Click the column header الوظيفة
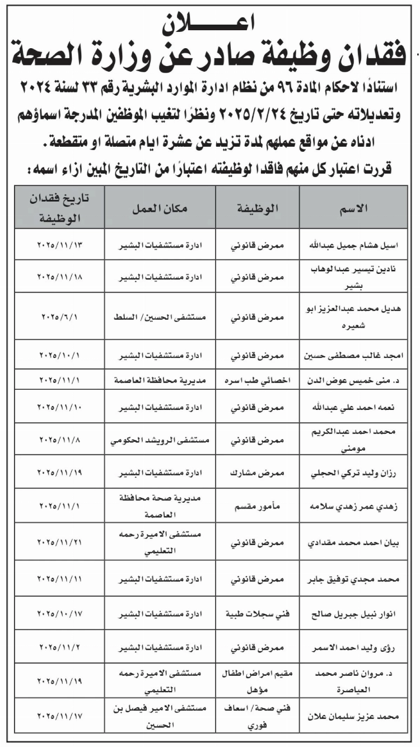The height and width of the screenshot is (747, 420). pyautogui.click(x=258, y=208)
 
